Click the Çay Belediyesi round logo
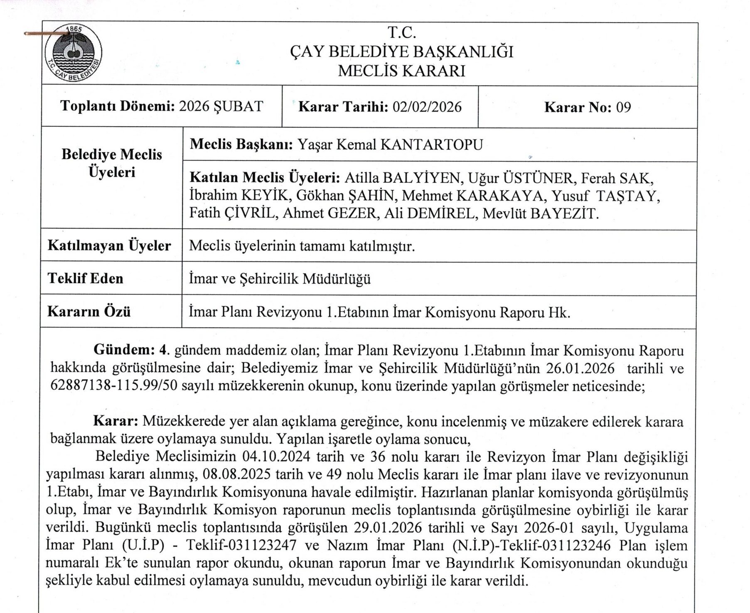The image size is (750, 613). pos(73,52)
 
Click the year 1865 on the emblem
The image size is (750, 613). pos(74,29)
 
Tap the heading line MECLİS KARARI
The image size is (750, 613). pos(401,71)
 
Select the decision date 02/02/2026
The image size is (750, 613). pos(427,107)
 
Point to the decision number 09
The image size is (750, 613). pos(623,108)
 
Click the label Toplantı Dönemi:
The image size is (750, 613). pos(118,106)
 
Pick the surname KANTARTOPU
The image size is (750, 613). pos(432,145)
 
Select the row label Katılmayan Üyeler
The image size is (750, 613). pos(109,245)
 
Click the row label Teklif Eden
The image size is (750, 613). pos(86,278)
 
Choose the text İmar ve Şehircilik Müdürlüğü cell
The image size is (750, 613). pos(280,279)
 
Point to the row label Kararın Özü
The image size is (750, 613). pos(89,311)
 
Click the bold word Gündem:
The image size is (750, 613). pos(124,350)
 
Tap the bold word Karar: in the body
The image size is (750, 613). pos(116,421)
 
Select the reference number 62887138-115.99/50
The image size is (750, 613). pos(114,386)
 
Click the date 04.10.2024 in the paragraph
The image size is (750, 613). pos(276,456)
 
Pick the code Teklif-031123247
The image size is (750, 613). pos(241,545)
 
